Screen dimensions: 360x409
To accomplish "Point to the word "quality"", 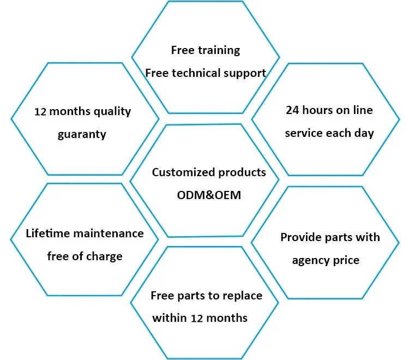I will click(x=112, y=112).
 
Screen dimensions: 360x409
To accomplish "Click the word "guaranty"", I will click(x=82, y=134).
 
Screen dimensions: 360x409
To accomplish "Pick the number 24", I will click(x=292, y=111).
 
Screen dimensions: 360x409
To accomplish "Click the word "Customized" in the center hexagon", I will click(x=183, y=173).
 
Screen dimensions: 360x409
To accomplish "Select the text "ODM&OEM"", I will click(x=209, y=195).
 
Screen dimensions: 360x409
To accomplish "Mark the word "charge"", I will click(x=105, y=256).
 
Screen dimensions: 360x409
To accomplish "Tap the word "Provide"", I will click(x=300, y=238).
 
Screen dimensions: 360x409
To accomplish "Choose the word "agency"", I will click(x=310, y=261).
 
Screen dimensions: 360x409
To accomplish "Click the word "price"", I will click(x=346, y=260).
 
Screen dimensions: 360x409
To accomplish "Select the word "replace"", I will click(x=242, y=296).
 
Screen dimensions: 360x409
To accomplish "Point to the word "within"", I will click(x=169, y=318).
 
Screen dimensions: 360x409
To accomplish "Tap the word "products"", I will click(x=242, y=173).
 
